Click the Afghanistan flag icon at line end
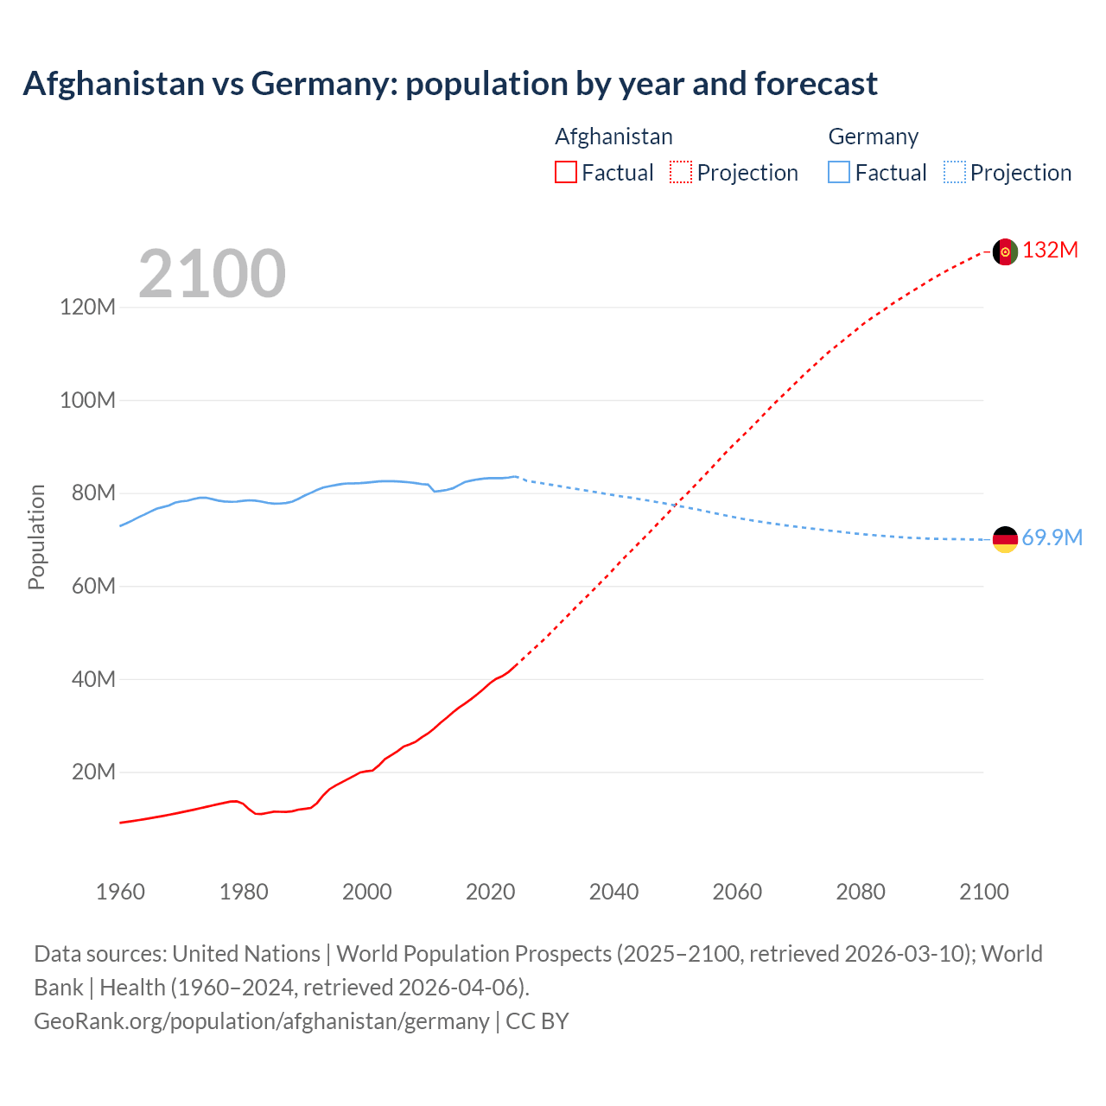[1005, 251]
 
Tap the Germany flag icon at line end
[1005, 539]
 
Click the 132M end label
[1051, 251]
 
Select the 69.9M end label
[1052, 537]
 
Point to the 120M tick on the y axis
[87, 307]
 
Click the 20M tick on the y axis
[93, 772]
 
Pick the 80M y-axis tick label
[93, 493]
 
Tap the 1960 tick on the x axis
[120, 892]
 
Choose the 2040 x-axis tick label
[613, 892]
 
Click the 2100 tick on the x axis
[983, 892]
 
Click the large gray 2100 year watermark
[212, 274]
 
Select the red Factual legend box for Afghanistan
[565, 173]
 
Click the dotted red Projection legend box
[681, 173]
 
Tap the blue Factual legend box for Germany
[838, 173]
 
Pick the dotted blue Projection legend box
[954, 173]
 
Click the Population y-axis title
[36, 537]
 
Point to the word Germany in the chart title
[323, 84]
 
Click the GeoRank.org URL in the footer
[261, 1020]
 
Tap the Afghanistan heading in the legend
[613, 137]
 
